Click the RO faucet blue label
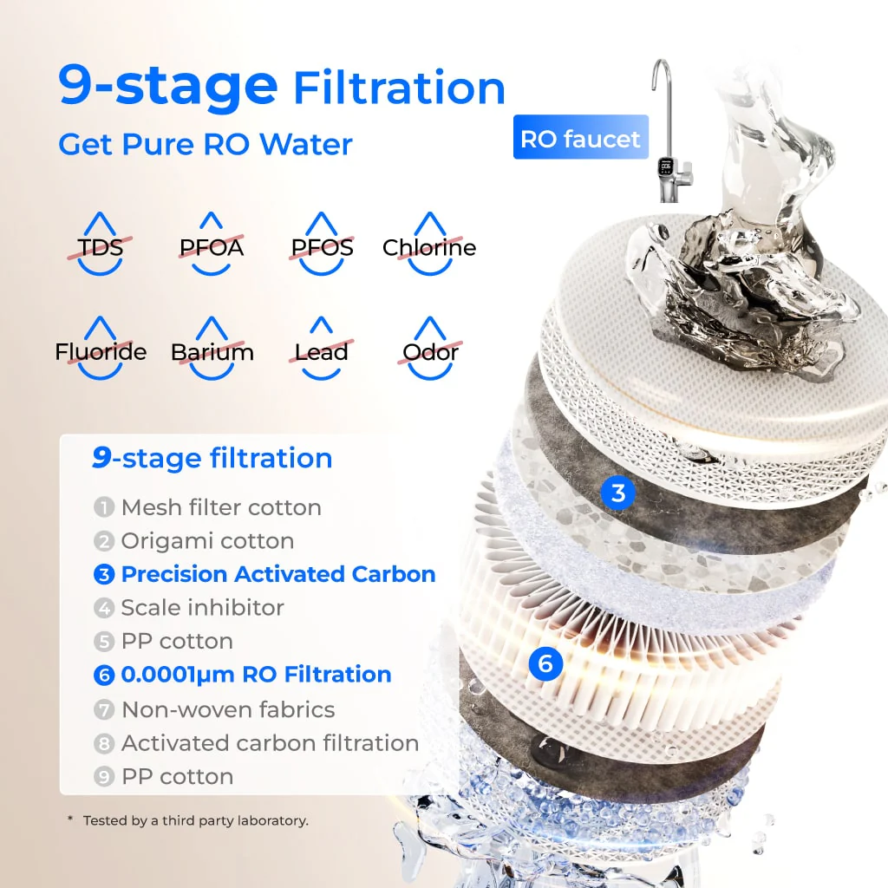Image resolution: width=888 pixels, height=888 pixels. (580, 138)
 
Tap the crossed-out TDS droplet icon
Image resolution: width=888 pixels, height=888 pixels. (101, 245)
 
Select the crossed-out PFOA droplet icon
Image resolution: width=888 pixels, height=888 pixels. (211, 245)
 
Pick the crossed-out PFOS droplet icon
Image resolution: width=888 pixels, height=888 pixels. (322, 245)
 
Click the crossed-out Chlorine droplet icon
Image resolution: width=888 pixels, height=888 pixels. (429, 245)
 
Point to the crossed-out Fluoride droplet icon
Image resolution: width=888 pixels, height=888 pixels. (101, 349)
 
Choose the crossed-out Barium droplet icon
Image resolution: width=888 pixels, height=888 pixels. (212, 349)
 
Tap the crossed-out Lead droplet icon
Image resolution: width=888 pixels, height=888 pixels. (321, 349)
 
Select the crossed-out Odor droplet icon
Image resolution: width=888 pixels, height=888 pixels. (430, 349)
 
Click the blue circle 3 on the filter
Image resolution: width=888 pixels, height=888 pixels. (617, 493)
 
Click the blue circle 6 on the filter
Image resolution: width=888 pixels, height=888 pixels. (545, 664)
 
